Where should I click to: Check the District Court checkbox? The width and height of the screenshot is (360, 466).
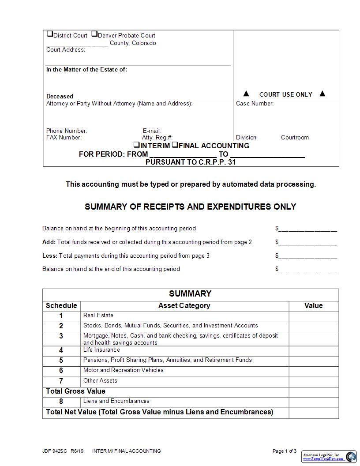pos(49,34)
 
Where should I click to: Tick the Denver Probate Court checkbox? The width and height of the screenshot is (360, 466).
pos(94,34)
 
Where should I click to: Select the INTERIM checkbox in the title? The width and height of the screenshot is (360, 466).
pos(137,145)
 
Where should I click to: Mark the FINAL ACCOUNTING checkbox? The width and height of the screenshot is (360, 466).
pos(175,145)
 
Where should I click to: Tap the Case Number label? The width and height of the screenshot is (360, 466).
pos(255,104)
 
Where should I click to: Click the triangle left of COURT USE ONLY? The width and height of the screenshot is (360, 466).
pos(246,94)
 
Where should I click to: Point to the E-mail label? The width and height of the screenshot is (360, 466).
pos(151,131)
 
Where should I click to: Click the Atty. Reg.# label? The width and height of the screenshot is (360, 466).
pos(157,138)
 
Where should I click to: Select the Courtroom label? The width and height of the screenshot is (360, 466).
pos(295,138)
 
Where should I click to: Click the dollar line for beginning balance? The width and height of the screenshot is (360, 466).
pos(307,229)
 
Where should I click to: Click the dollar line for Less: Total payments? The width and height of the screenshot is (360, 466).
pos(307,256)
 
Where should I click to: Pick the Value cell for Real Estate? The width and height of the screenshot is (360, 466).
pos(314,316)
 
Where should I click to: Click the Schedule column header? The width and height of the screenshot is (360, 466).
pos(61,306)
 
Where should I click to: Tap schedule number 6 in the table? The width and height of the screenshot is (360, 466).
pos(61,371)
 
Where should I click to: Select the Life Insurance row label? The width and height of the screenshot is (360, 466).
pos(101,350)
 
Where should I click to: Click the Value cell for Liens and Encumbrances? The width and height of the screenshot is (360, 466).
pos(314,402)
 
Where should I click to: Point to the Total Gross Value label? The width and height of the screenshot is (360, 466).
pos(75,391)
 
